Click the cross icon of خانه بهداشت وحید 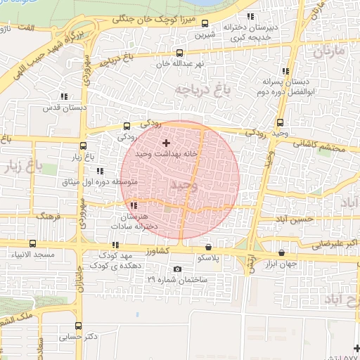point(166,143)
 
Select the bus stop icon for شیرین point(205,23)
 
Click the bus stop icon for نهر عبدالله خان point(181,53)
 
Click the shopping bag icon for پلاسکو point(208,247)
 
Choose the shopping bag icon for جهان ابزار point(282,252)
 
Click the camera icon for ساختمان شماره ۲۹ point(176,269)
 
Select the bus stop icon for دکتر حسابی point(77,326)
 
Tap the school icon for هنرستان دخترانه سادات point(134,205)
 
